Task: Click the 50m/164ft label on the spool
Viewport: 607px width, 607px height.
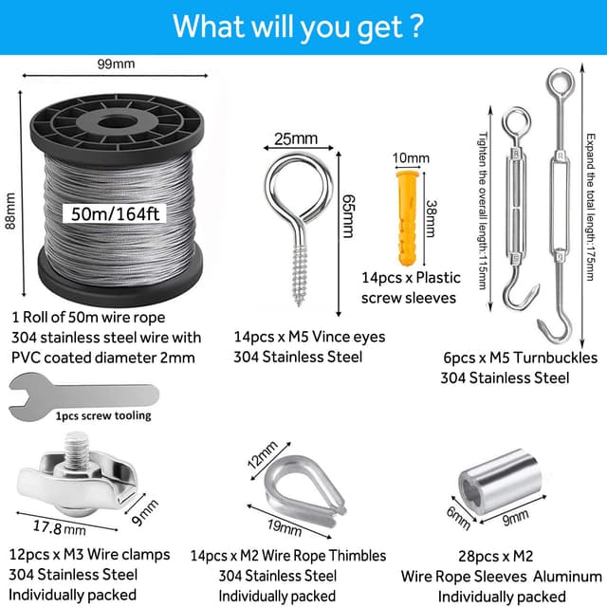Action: tap(115, 213)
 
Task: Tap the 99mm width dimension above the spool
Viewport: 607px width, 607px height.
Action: tap(116, 64)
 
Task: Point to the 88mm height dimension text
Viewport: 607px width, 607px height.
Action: tap(10, 211)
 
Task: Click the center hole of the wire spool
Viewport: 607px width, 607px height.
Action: tap(117, 123)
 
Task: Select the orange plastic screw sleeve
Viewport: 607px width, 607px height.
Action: tap(407, 217)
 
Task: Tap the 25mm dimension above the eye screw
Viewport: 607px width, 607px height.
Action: tap(296, 138)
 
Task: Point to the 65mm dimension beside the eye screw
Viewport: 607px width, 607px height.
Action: tap(348, 216)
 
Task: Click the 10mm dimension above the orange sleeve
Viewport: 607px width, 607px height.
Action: tap(411, 158)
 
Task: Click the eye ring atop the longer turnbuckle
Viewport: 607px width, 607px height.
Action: tap(560, 83)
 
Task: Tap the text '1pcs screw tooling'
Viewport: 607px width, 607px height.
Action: tap(103, 415)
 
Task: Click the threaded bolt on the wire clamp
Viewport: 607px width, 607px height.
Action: tap(79, 450)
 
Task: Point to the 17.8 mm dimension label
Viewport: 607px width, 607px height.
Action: tap(59, 527)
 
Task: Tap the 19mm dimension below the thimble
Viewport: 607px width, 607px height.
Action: tap(285, 527)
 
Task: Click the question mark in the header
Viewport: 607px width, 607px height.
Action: tap(415, 26)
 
